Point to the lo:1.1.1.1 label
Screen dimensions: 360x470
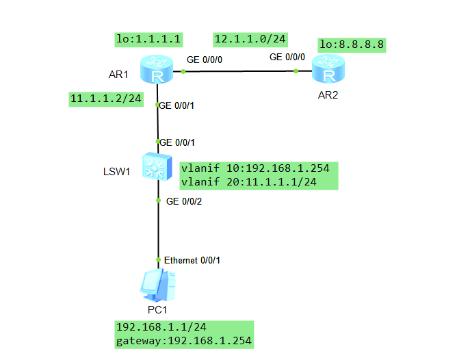click(x=148, y=40)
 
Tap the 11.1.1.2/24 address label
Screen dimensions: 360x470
click(x=106, y=99)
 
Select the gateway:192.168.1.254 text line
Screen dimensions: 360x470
click(x=183, y=340)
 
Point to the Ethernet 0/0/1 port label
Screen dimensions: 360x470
click(x=192, y=260)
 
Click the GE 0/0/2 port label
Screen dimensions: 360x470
click(x=184, y=201)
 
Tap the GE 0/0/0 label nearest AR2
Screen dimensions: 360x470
click(x=287, y=57)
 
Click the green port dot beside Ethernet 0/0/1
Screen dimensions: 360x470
click(x=159, y=260)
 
